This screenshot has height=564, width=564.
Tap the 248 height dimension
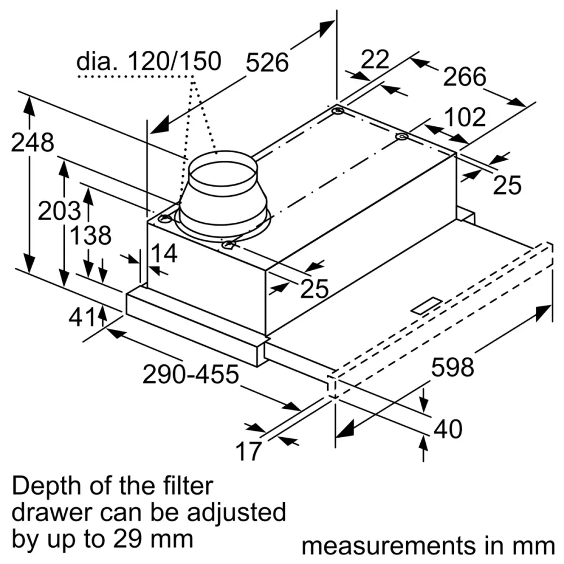coord(33,143)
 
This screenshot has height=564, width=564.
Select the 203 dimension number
coord(59,211)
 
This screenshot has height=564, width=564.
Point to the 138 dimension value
coord(90,235)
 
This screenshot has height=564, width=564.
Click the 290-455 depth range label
coord(191,374)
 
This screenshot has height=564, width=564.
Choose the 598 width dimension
coord(452,367)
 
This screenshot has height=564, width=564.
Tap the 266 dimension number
coord(464,77)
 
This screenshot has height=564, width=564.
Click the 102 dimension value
coord(464,117)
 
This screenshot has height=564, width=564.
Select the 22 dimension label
coord(375,59)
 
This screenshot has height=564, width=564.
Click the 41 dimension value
coord(82,318)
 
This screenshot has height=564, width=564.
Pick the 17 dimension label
coord(249,451)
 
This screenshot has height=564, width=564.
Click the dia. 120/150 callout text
coord(149,61)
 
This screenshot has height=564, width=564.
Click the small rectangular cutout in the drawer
coord(427,305)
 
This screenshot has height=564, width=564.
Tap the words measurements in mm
coord(428,545)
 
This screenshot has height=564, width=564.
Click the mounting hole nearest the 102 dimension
coord(402,137)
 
